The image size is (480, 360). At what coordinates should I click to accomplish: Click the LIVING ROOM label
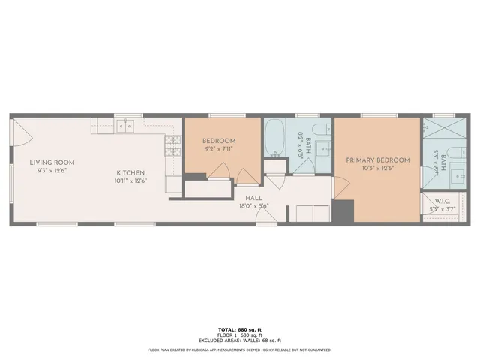coord(52,163)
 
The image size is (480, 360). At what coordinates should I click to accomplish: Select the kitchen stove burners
coord(172,143)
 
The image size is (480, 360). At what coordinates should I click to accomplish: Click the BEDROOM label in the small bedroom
coord(219,141)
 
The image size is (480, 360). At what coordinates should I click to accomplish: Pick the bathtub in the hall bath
coord(274,138)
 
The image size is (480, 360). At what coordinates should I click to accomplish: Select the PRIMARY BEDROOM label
coord(377,160)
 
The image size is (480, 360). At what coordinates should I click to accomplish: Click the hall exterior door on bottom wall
coord(264,217)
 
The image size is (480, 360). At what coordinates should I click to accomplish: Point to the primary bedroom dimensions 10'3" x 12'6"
coord(377,169)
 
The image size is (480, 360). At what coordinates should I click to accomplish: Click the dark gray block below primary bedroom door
coord(343,211)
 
